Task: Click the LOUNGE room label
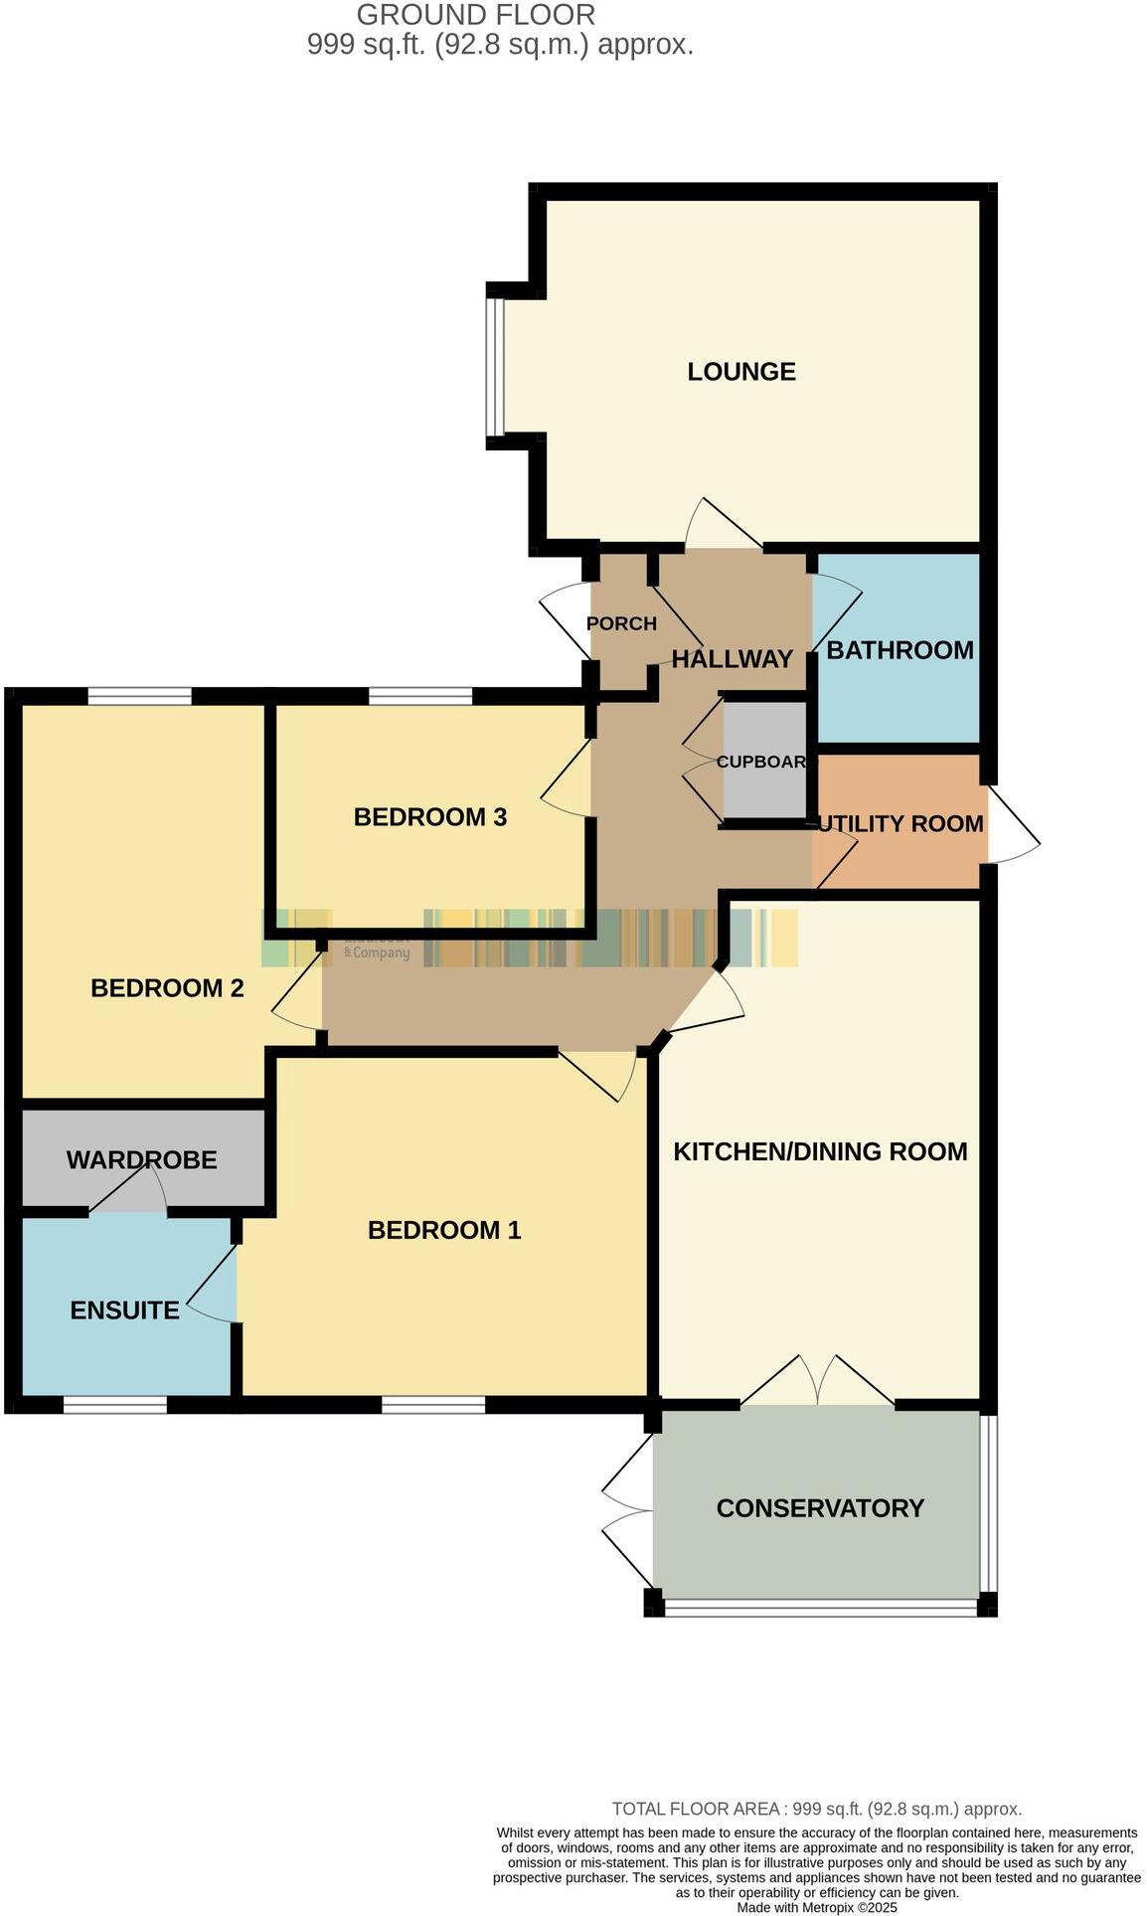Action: [741, 372]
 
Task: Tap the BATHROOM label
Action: [900, 650]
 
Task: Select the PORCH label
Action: [621, 624]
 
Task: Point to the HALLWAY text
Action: [733, 659]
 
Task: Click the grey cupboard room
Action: [763, 761]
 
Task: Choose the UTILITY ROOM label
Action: [901, 823]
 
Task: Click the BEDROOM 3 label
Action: [430, 817]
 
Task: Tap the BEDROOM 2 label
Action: [167, 988]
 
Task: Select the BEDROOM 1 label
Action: [444, 1230]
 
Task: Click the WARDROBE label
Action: [142, 1160]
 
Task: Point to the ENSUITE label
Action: [125, 1310]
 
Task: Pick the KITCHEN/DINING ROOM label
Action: [820, 1151]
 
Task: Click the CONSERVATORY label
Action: [820, 1508]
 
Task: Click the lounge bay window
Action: [495, 367]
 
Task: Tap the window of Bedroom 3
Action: [419, 696]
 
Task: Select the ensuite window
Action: [114, 1405]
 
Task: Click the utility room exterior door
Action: [1012, 823]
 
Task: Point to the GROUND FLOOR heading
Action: [475, 15]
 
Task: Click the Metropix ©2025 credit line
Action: [816, 1907]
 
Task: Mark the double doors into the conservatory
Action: [817, 1382]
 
